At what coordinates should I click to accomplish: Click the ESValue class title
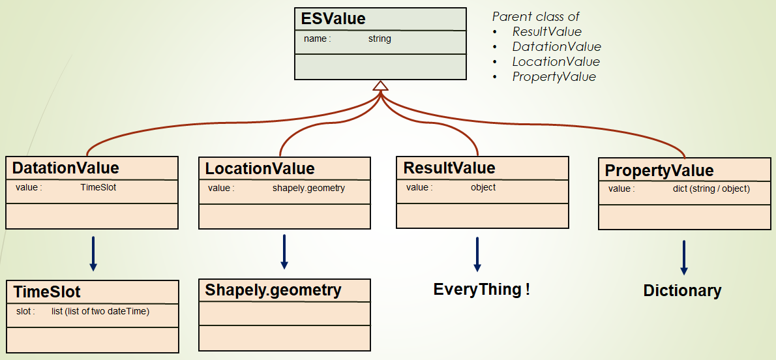333,19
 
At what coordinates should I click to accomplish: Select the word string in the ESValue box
380,38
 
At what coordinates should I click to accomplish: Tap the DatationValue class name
65,168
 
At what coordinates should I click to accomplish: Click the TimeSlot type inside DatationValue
98,188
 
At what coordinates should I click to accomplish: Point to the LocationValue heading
260,168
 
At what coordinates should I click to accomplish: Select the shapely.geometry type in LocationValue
309,188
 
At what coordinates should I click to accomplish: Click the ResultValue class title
449,168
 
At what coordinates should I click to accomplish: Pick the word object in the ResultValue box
483,188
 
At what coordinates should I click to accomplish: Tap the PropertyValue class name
659,170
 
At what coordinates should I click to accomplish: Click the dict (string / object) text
711,188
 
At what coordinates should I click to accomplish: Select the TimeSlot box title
46,292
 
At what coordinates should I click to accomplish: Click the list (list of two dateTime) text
100,312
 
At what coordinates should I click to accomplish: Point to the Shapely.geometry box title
273,290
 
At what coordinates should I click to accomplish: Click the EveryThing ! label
481,289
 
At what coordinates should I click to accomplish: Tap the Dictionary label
683,291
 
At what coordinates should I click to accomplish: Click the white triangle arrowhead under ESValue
381,85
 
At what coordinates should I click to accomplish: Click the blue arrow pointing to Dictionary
684,258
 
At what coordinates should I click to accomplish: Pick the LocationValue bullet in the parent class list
556,62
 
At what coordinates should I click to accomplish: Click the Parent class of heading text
535,16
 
